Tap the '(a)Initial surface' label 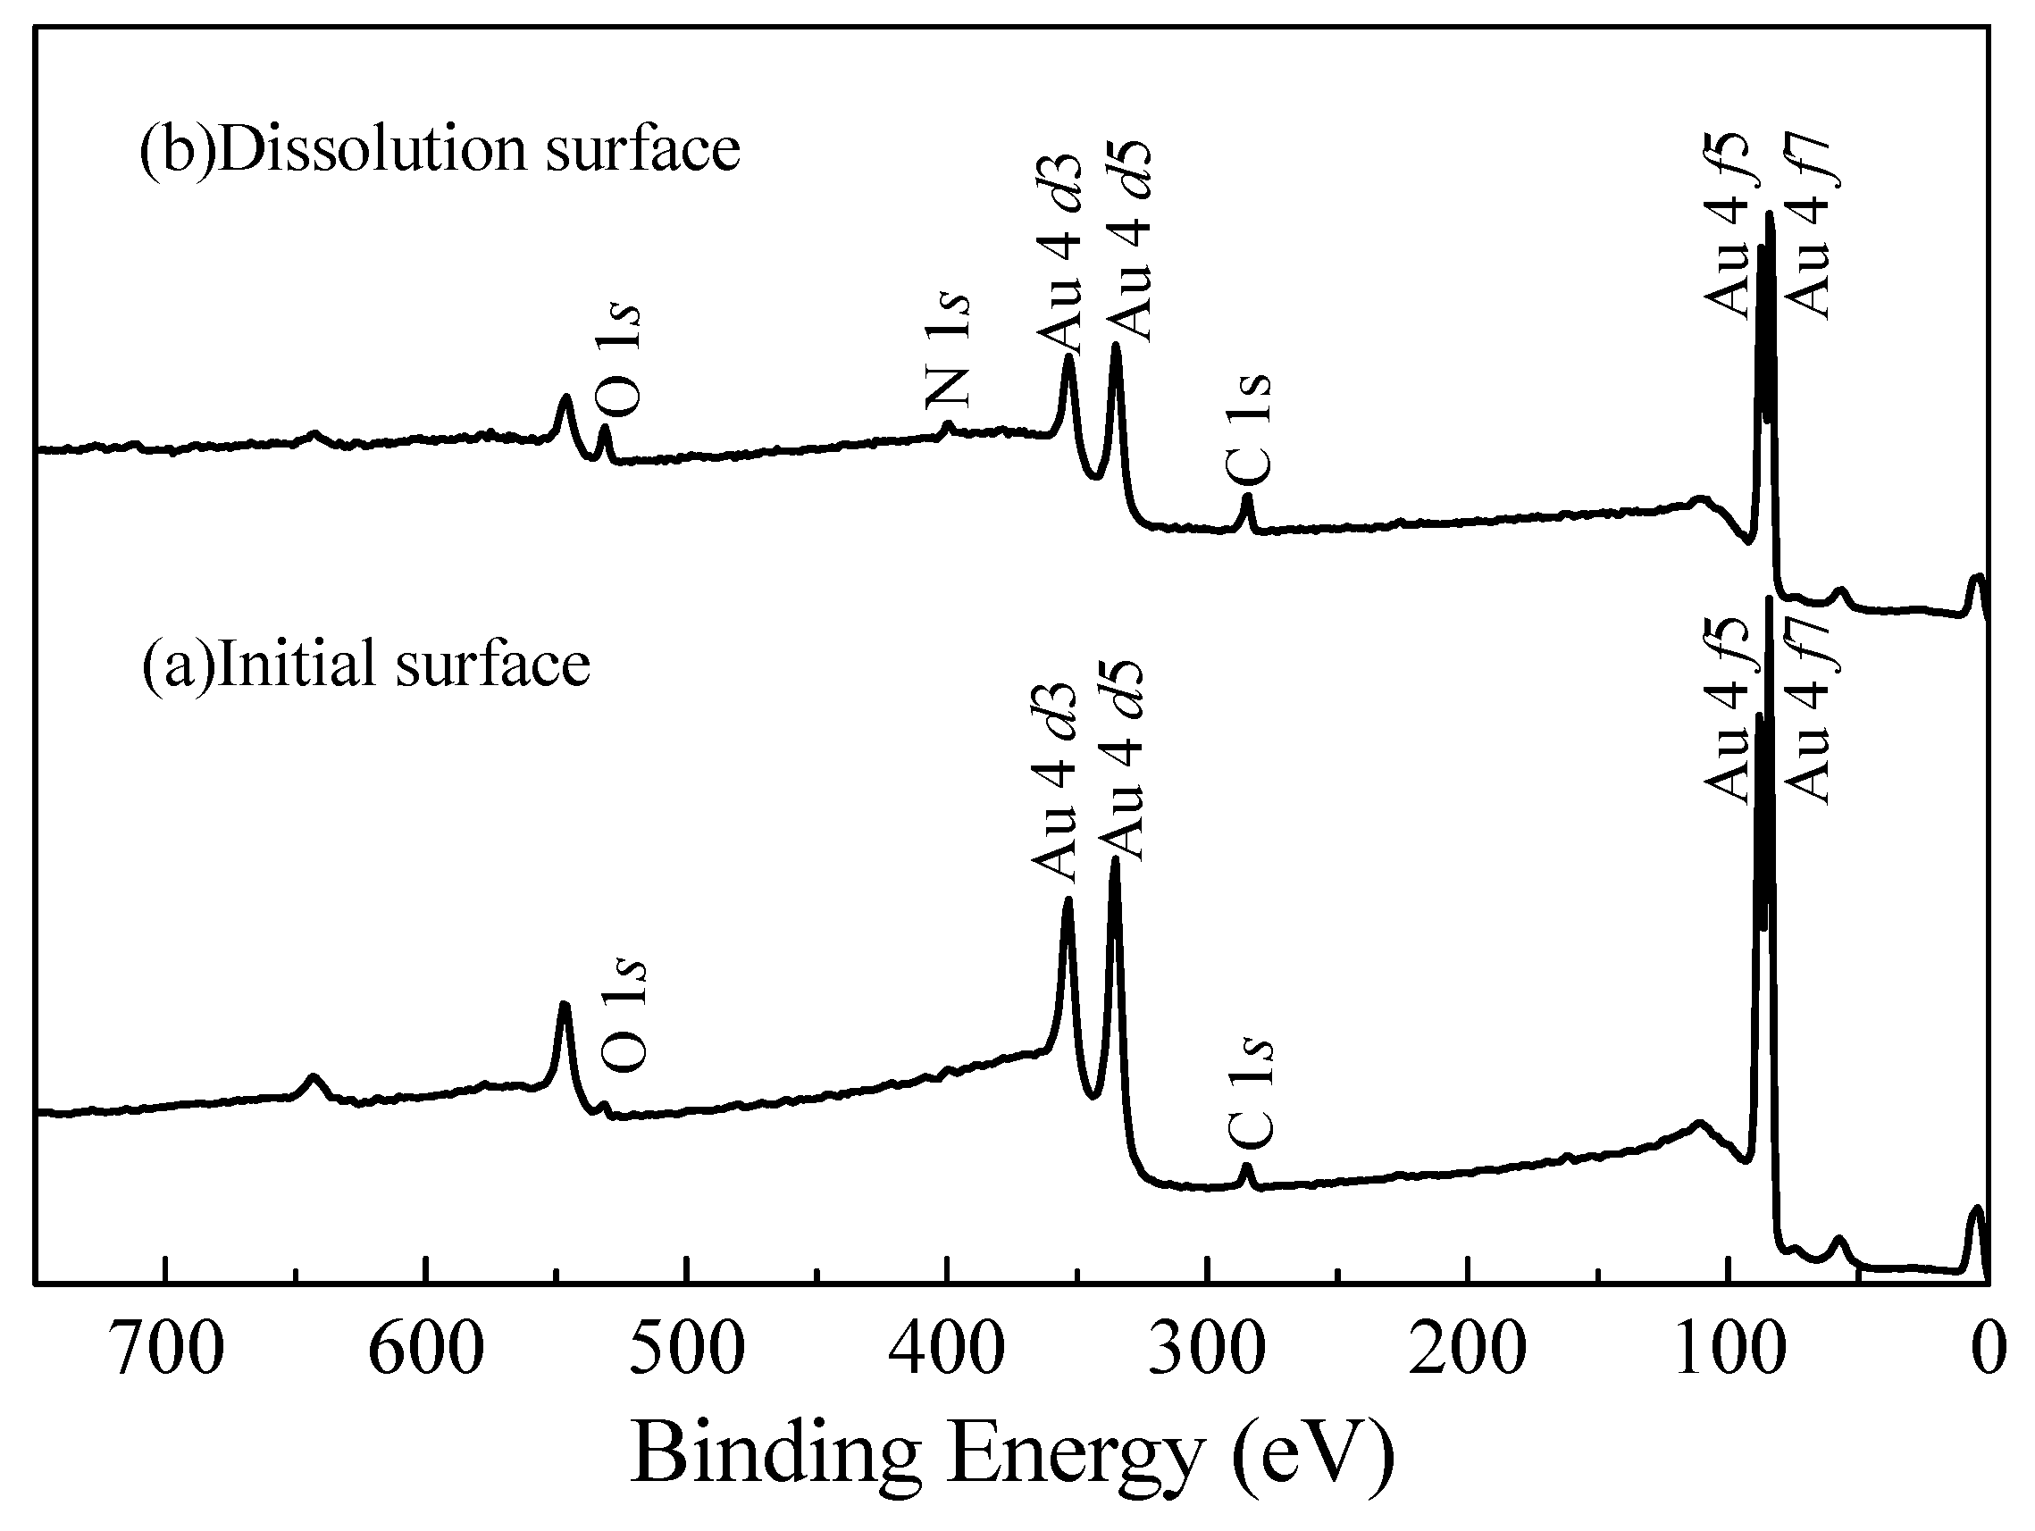[365, 664]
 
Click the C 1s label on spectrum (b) [1250, 430]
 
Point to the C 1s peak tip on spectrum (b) [1247, 497]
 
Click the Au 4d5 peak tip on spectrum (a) [1115, 858]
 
